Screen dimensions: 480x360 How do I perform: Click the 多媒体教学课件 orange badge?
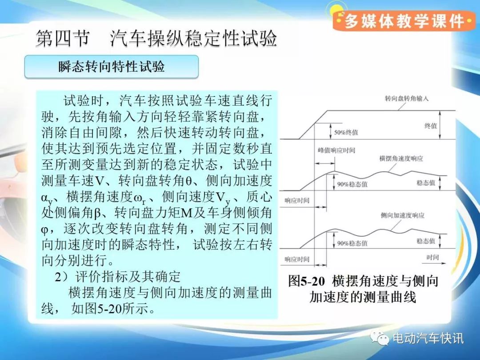(404, 21)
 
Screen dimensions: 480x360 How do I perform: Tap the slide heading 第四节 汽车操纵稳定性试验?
(156, 39)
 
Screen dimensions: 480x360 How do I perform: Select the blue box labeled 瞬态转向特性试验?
(112, 67)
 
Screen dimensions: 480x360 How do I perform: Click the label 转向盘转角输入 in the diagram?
(407, 99)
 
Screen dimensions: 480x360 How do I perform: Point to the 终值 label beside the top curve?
(431, 125)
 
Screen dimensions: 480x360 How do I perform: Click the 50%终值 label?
(346, 132)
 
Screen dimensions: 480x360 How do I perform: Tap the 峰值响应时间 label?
(336, 150)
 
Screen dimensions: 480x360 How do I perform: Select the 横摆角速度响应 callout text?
(401, 159)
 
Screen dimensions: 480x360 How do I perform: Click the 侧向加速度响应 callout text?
(403, 216)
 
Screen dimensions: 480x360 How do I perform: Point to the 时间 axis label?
(432, 257)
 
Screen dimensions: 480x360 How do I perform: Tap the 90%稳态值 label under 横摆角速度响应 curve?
(352, 184)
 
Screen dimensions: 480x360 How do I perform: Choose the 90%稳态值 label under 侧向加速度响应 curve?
(352, 244)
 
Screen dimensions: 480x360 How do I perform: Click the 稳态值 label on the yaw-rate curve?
(426, 183)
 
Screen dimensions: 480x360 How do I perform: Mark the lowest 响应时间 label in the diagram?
(297, 259)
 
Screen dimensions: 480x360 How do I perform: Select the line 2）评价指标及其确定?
(117, 277)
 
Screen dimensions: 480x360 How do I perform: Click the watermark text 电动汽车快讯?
(428, 338)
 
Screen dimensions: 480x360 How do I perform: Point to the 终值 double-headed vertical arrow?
(440, 125)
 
